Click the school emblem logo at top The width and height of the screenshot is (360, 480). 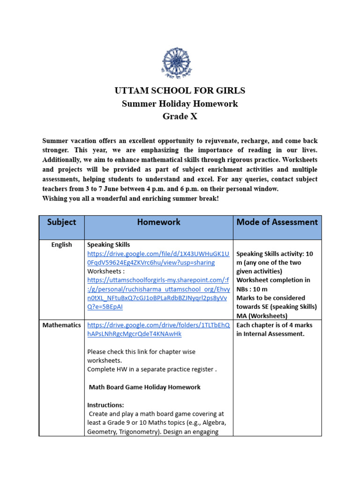(x=177, y=62)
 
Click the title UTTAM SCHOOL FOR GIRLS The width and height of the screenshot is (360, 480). (x=180, y=90)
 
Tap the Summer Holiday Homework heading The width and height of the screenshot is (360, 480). (x=180, y=104)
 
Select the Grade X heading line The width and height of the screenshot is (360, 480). (x=180, y=116)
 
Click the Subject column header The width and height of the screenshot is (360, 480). (x=61, y=222)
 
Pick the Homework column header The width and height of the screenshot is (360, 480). (x=158, y=222)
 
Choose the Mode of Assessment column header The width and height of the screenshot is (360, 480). (x=277, y=222)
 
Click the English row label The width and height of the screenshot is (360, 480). (x=61, y=245)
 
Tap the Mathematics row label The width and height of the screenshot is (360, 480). (x=61, y=325)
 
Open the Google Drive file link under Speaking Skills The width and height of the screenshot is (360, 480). (x=158, y=258)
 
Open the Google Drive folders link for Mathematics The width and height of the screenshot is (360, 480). (x=158, y=330)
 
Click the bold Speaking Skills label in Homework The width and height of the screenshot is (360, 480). (x=109, y=245)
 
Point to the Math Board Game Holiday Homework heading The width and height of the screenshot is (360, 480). (x=144, y=387)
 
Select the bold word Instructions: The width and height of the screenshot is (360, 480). (x=105, y=405)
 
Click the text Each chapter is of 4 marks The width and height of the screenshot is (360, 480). (x=274, y=325)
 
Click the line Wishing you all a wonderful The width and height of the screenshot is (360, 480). (x=130, y=199)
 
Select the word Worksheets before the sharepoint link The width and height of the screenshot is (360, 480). (x=105, y=271)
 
